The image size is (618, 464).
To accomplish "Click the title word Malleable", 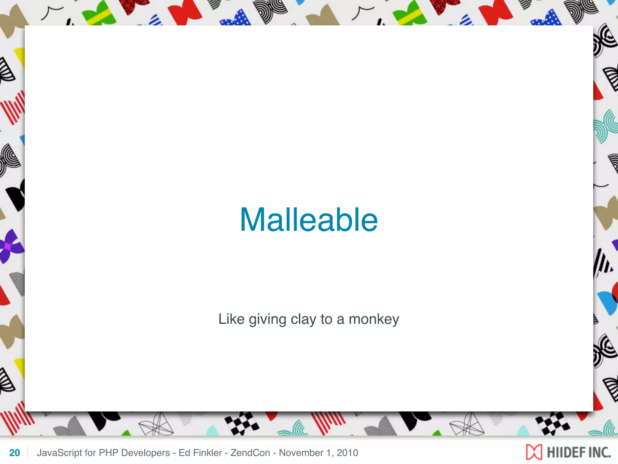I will (x=309, y=220).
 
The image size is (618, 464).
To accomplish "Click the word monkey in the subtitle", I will (x=374, y=320).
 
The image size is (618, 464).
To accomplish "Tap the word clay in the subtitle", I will (x=303, y=320).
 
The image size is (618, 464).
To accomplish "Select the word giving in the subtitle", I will (x=267, y=320).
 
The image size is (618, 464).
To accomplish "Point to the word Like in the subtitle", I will (x=231, y=319).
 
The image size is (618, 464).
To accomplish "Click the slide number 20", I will (x=14, y=453).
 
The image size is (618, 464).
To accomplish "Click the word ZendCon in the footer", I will (x=250, y=453).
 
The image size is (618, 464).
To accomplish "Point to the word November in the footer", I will (x=301, y=453).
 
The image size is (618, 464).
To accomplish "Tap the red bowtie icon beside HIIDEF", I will (x=534, y=452).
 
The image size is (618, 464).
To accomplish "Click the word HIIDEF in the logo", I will (x=562, y=453).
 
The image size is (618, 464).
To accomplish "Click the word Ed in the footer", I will (x=184, y=453).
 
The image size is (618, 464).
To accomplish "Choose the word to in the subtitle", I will (x=326, y=320).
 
